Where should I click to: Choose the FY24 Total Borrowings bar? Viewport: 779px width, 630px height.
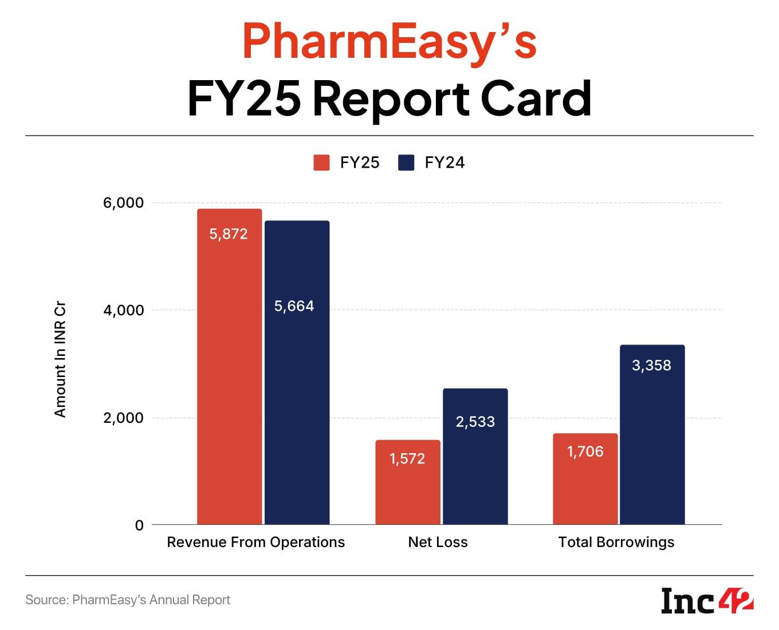(652, 434)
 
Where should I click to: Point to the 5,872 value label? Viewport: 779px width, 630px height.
(229, 234)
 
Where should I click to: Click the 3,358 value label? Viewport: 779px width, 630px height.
(651, 366)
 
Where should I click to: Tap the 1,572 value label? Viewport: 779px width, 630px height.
(407, 459)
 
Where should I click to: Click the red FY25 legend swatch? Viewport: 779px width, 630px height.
(321, 163)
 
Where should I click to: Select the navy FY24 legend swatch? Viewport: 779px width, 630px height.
(406, 163)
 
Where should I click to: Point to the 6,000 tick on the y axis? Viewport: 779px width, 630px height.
(124, 203)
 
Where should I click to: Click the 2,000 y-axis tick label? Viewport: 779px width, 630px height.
(124, 418)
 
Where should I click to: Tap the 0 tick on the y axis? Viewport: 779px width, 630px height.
(139, 525)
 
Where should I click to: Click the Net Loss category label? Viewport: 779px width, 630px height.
(438, 542)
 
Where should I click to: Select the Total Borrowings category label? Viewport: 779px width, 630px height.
(616, 542)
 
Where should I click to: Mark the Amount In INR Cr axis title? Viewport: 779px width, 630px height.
(60, 359)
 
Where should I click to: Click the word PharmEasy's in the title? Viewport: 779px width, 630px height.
(389, 41)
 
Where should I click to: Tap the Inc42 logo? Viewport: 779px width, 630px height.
(707, 601)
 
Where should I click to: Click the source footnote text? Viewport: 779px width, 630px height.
(128, 600)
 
